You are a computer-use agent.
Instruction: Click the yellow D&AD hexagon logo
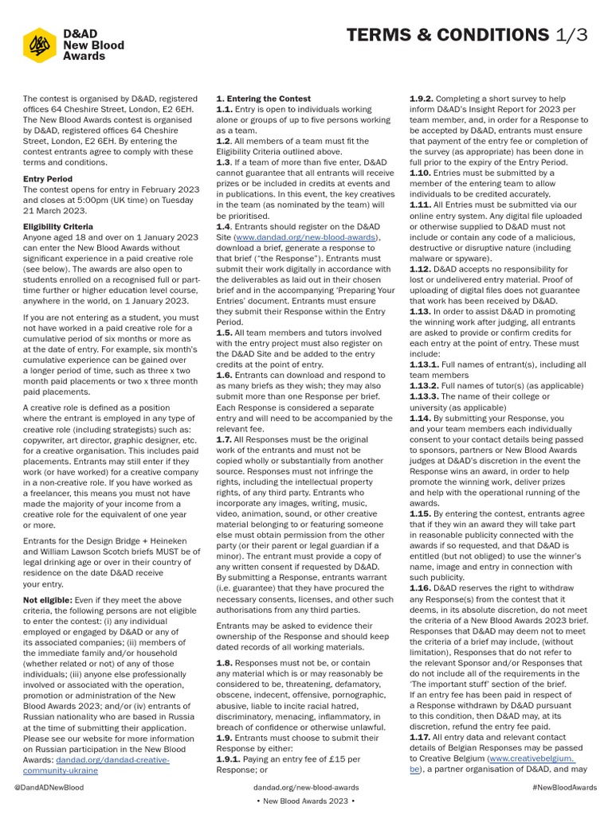pyautogui.click(x=39, y=45)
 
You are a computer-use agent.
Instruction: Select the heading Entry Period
pyautogui.click(x=48, y=179)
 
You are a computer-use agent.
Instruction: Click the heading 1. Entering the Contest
pyautogui.click(x=263, y=98)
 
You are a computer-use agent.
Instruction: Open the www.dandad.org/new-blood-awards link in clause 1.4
pyautogui.click(x=307, y=237)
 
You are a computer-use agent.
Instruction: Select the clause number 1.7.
pyautogui.click(x=224, y=439)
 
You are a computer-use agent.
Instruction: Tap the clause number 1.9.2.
pyautogui.click(x=422, y=98)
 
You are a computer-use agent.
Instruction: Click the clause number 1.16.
pyautogui.click(x=420, y=587)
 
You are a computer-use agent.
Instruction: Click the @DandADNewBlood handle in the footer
pyautogui.click(x=49, y=787)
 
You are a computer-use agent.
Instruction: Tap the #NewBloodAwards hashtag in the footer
pyautogui.click(x=563, y=787)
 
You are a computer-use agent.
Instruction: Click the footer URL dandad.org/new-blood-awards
pyautogui.click(x=305, y=787)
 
